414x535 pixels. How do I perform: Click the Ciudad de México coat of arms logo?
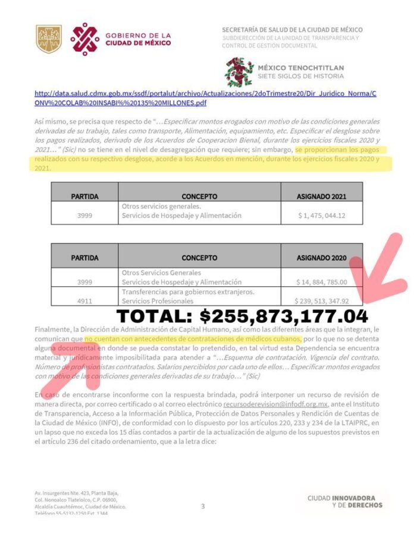click(49, 39)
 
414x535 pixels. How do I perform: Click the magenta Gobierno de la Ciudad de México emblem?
click(84, 39)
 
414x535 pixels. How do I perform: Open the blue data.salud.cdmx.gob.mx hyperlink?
click(205, 99)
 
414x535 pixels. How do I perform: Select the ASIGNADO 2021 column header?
click(321, 195)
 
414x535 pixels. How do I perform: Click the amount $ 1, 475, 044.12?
click(321, 216)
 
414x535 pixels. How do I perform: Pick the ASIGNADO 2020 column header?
click(321, 258)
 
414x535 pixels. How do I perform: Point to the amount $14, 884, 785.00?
click(322, 281)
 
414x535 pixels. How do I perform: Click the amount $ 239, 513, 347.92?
click(322, 300)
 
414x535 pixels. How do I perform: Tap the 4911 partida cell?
click(84, 300)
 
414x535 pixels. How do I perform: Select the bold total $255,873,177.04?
click(241, 316)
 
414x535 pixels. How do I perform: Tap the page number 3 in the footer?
click(202, 506)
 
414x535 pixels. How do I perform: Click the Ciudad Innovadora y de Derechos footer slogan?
click(345, 501)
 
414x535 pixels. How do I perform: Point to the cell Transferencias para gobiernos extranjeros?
click(188, 292)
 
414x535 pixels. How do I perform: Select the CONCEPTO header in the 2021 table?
click(200, 195)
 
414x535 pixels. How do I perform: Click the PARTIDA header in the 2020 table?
click(84, 258)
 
